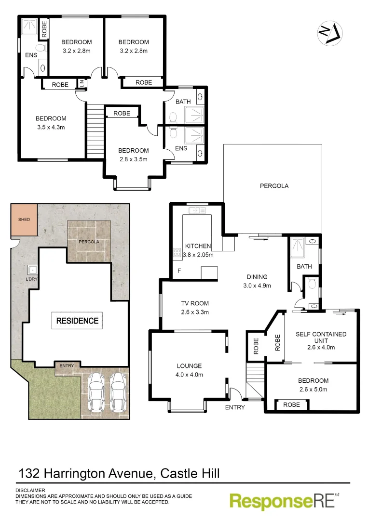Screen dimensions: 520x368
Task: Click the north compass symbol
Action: (329, 33)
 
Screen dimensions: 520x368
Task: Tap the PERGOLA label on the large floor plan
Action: (274, 186)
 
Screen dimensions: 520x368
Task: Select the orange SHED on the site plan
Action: (24, 220)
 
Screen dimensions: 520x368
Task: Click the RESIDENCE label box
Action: (77, 321)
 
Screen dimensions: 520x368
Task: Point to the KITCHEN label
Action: (198, 246)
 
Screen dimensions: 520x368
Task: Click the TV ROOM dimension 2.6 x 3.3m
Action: (195, 312)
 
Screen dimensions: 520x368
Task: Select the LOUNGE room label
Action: (189, 365)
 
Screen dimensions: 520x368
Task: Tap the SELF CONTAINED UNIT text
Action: (321, 338)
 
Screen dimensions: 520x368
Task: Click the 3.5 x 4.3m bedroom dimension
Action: (51, 128)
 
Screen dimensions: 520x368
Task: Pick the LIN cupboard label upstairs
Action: (82, 84)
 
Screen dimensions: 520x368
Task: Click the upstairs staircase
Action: (95, 130)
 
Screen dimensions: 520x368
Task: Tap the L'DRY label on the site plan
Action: (33, 280)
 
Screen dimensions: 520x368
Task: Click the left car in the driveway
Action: (96, 392)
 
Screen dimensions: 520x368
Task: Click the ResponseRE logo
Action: (285, 501)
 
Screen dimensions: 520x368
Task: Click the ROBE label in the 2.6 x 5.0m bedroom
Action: (291, 405)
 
